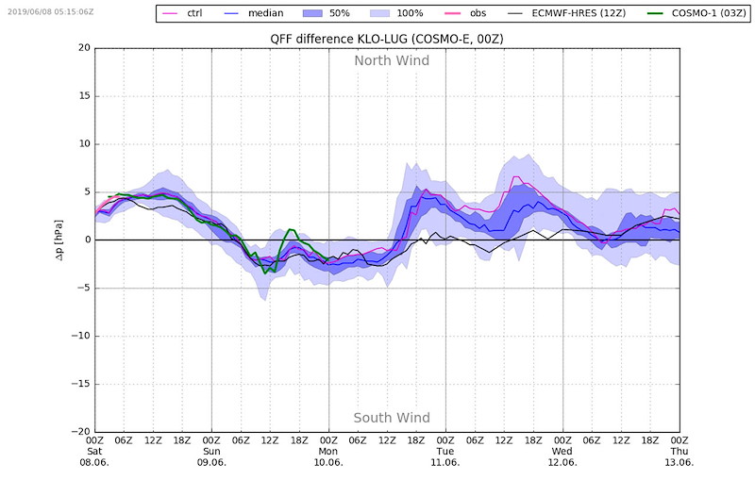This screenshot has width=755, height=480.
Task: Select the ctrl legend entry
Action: pos(183,13)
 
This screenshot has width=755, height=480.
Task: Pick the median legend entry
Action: pos(254,13)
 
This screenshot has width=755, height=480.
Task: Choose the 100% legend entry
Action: pos(396,13)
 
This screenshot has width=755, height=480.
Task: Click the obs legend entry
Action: pos(465,13)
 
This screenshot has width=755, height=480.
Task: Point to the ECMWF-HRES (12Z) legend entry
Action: pos(567,13)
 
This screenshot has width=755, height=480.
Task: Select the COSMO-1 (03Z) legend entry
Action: pos(696,13)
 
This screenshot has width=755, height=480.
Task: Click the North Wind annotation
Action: pos(392,60)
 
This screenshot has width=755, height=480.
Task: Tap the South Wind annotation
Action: pos(392,418)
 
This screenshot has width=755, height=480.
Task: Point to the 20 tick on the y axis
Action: pos(84,47)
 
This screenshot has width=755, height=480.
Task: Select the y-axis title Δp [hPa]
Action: pos(58,240)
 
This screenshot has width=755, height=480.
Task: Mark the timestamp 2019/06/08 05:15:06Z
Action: pos(51,11)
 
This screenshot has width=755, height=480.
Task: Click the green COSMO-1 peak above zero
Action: pos(291,229)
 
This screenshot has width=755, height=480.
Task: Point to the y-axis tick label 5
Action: pos(87,191)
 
